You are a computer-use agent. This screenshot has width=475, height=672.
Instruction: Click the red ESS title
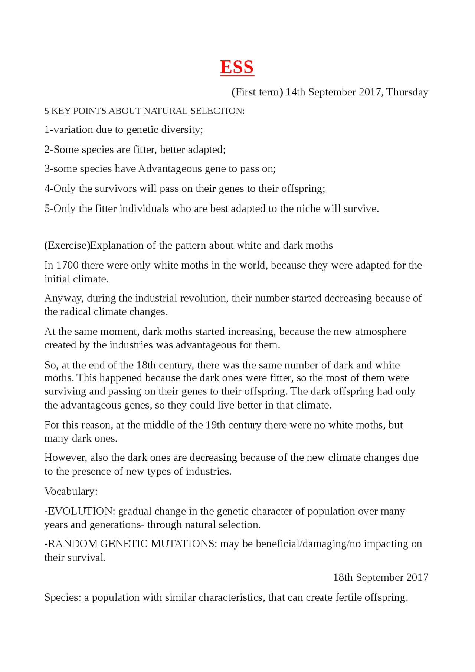(237, 68)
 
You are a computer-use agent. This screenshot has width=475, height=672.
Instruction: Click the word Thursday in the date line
(407, 92)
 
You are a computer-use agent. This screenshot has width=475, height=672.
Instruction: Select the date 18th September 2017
(380, 577)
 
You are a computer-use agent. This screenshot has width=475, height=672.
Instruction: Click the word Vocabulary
(71, 491)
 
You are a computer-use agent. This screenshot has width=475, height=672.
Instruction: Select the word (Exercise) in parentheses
(67, 246)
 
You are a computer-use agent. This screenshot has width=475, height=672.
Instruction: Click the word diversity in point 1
(183, 130)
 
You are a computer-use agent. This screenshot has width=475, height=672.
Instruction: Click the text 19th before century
(215, 425)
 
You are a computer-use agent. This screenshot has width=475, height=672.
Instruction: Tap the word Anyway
(64, 299)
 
